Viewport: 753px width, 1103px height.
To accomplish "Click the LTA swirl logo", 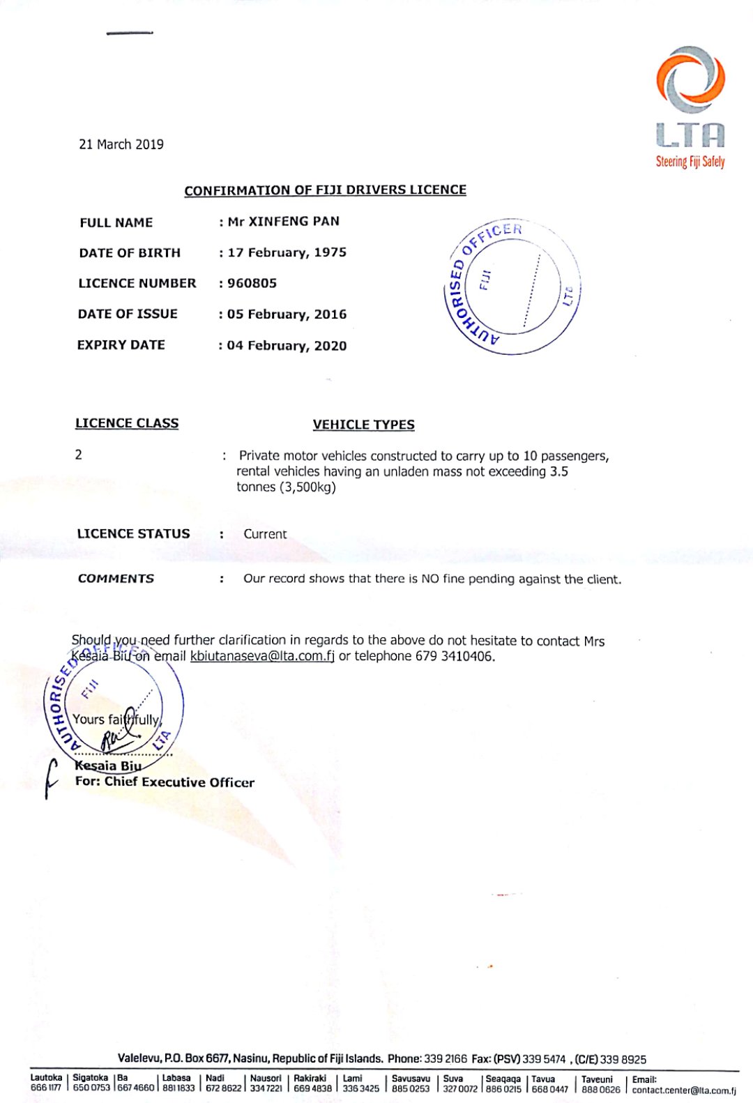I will [690, 80].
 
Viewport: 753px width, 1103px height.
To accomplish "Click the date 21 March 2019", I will [121, 144].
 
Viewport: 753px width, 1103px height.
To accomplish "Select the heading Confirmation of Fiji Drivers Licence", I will [325, 190].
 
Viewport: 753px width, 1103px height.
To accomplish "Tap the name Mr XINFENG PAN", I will [284, 222].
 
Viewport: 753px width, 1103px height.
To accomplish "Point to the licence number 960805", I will [252, 283].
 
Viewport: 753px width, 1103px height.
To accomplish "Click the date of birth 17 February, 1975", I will [287, 252].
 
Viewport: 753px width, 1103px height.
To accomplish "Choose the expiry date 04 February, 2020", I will [287, 346].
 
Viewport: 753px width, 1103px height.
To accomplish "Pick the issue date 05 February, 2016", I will [287, 314].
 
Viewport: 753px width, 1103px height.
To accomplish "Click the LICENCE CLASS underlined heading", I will [127, 423].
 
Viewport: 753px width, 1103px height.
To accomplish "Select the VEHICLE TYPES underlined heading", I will [363, 425].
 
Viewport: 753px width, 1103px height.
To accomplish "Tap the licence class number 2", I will [79, 455].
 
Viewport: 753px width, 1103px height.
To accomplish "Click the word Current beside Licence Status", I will [265, 534].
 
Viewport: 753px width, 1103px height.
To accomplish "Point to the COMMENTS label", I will [116, 579].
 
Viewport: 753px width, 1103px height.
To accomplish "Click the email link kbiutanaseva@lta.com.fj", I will [262, 656].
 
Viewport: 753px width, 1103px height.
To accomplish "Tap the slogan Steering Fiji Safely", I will [690, 162].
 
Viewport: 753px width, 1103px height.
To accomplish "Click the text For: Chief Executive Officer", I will [165, 782].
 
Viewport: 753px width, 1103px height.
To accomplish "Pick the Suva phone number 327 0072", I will [460, 1088].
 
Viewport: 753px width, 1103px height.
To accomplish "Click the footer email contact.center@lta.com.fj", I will [684, 1090].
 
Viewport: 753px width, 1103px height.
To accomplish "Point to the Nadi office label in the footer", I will [215, 1078].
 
